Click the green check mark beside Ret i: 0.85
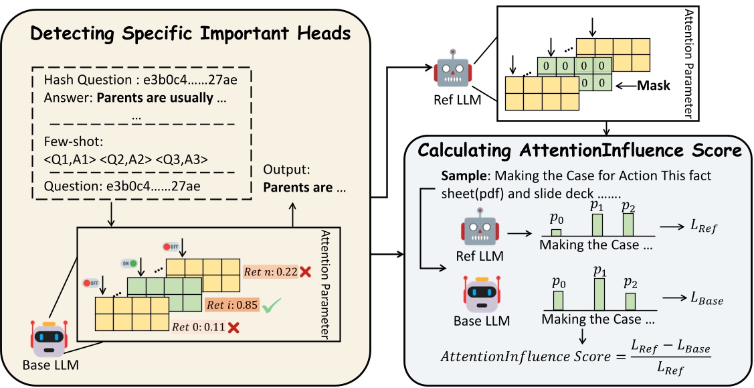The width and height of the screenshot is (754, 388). pos(270,308)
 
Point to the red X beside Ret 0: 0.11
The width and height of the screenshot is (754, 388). pos(234,328)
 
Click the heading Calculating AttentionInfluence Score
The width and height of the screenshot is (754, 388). pos(579,150)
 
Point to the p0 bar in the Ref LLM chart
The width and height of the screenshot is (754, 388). pos(556,232)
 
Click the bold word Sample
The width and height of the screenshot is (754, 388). pos(460,176)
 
